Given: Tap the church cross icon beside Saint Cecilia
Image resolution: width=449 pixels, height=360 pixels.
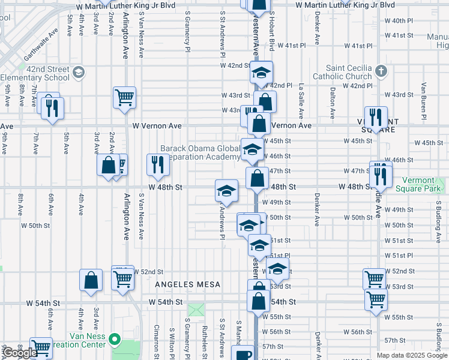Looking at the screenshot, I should tap(381, 72).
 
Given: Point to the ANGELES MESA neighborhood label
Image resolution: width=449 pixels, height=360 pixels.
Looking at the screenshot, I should tap(188, 284).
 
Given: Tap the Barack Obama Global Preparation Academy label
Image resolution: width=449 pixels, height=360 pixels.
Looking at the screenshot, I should tap(200, 153).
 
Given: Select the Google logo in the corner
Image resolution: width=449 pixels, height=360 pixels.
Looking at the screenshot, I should tap(19, 353).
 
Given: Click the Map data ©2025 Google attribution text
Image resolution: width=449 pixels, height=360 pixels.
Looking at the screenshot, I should tap(412, 355).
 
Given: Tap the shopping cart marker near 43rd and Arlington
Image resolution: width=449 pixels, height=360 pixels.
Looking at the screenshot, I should tap(124, 97).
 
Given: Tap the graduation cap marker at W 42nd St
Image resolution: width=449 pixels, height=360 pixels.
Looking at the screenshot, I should tap(261, 73).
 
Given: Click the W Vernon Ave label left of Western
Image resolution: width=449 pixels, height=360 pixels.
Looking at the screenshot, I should tap(157, 126).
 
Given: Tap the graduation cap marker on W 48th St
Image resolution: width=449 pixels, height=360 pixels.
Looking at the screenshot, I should tap(226, 190).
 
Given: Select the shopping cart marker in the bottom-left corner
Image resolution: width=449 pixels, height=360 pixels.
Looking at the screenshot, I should tap(41, 347).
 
